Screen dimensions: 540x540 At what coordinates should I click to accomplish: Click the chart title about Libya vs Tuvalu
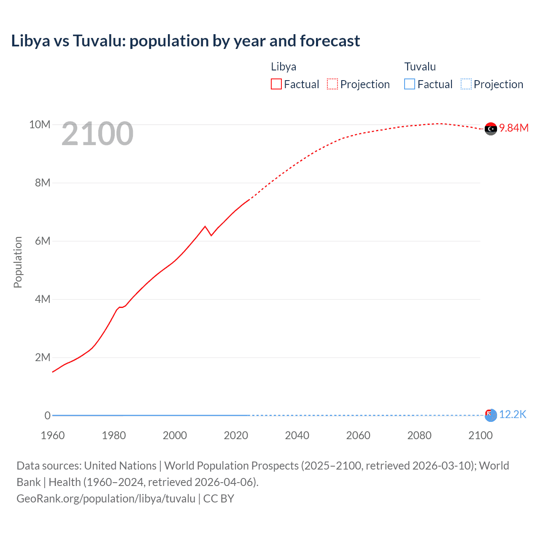[x=186, y=41]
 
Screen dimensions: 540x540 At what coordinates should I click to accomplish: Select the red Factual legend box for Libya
[x=276, y=84]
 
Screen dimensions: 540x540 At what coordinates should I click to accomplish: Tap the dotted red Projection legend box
[x=332, y=84]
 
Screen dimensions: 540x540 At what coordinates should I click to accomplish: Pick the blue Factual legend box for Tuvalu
[x=410, y=84]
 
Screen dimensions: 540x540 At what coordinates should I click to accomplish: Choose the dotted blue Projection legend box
[x=466, y=84]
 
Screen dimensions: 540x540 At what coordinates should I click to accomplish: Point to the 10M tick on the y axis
[x=40, y=124]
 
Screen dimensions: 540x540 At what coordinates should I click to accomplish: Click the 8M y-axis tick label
[x=43, y=183]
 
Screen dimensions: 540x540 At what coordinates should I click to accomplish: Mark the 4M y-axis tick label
[x=43, y=299]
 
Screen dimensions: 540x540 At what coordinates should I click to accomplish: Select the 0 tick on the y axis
[x=48, y=416]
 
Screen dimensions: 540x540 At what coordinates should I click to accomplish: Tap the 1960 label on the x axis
[x=53, y=435]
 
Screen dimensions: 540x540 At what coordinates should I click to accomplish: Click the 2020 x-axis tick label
[x=236, y=435]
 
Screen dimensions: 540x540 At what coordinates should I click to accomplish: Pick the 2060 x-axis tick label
[x=358, y=435]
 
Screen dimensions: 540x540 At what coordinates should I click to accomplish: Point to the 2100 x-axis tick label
[x=480, y=435]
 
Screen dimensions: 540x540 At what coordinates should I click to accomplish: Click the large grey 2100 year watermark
[x=97, y=134]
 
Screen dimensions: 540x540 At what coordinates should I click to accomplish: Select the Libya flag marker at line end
[x=491, y=129]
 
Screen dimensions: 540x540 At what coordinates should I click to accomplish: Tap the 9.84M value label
[x=514, y=128]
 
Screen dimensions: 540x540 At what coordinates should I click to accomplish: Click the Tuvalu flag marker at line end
[x=491, y=415]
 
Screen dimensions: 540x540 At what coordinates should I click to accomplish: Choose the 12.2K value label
[x=513, y=414]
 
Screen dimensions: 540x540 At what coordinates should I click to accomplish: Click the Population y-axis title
[x=18, y=262]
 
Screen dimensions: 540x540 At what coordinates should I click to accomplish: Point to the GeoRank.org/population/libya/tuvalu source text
[x=106, y=498]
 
